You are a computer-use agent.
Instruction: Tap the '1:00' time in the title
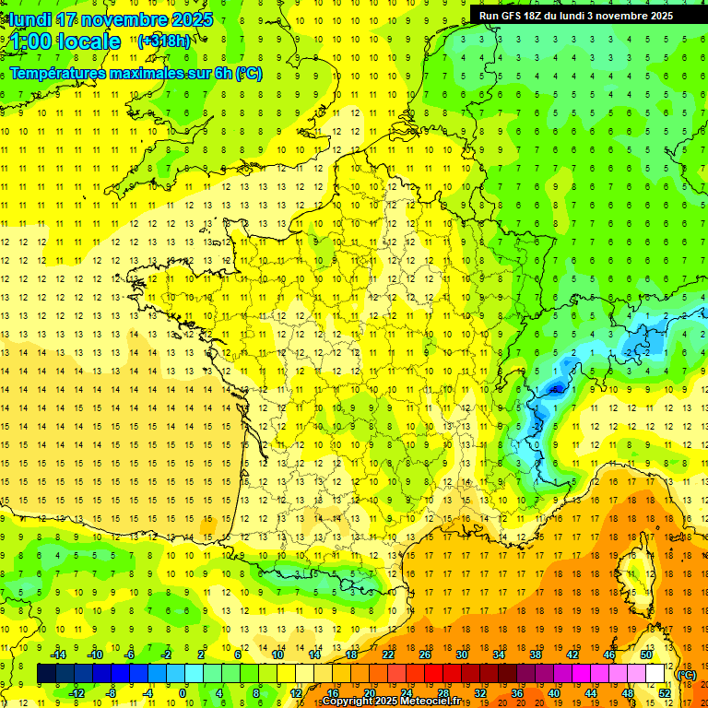[x=30, y=42]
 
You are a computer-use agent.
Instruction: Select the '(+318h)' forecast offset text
[x=164, y=41]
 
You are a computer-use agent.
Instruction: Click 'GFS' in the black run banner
[x=513, y=16]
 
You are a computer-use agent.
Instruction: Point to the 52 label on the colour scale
[x=665, y=692]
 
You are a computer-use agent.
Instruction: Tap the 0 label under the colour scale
[x=183, y=692]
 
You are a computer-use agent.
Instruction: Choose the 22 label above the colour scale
[x=388, y=655]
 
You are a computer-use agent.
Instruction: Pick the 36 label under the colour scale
[x=517, y=692]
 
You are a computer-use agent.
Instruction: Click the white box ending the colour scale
[x=655, y=673]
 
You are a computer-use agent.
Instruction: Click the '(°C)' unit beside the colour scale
[x=686, y=674]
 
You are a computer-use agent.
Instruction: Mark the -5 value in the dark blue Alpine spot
[x=555, y=389]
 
